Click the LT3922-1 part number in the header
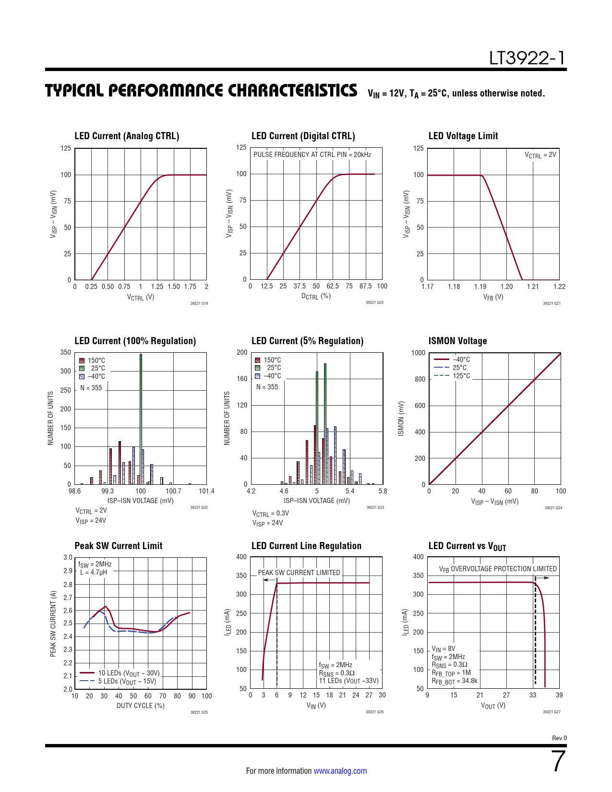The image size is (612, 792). pyautogui.click(x=527, y=58)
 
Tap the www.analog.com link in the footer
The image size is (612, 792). pyautogui.click(x=340, y=771)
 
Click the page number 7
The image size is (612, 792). pyautogui.click(x=559, y=761)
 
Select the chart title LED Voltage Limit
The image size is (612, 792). pyautogui.click(x=463, y=136)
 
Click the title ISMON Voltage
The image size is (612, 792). pyautogui.click(x=457, y=341)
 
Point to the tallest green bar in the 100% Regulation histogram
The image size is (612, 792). pyautogui.click(x=141, y=418)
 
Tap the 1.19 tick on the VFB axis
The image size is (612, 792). pyautogui.click(x=480, y=287)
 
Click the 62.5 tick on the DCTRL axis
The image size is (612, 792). pyautogui.click(x=333, y=286)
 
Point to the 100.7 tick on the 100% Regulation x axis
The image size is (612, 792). pyautogui.click(x=173, y=491)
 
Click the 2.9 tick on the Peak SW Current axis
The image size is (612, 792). pyautogui.click(x=68, y=571)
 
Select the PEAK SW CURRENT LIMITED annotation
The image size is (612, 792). pyautogui.click(x=299, y=573)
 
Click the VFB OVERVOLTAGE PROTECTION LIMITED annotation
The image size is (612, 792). pyautogui.click(x=498, y=569)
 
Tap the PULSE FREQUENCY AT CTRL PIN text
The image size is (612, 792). pyautogui.click(x=312, y=155)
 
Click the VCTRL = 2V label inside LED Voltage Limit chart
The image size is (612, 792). pyautogui.click(x=540, y=155)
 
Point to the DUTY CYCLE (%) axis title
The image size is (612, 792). pyautogui.click(x=140, y=706)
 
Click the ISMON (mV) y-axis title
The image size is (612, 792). pyautogui.click(x=401, y=419)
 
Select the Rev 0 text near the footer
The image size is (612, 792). pyautogui.click(x=559, y=738)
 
